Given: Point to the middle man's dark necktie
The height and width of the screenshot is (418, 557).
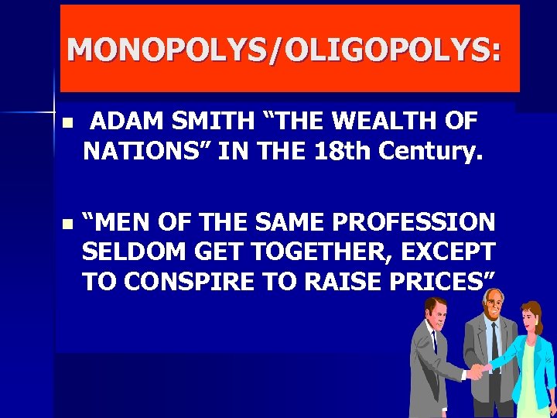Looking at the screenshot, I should [494, 341].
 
